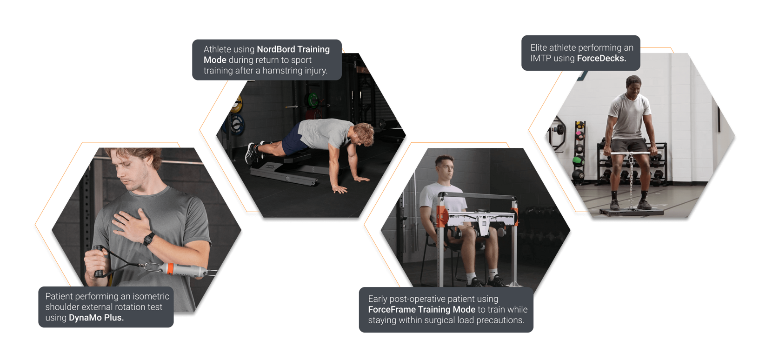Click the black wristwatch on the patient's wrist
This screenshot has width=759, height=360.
(x=148, y=239)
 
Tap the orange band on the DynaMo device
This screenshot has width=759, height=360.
(x=171, y=269)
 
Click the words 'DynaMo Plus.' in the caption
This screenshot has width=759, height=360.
(x=96, y=318)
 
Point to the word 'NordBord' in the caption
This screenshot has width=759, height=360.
(x=276, y=49)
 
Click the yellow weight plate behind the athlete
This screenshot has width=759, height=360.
(x=237, y=104)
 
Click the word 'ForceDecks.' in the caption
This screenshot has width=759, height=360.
(x=601, y=58)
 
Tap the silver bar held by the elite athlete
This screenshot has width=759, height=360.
(x=631, y=153)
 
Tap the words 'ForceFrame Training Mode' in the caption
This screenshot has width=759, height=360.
(x=421, y=309)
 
